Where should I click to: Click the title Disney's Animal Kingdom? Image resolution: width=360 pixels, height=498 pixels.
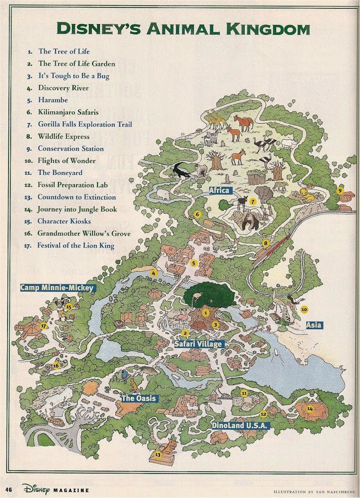tap(183, 29)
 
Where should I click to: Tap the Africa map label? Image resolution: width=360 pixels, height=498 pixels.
tap(219, 190)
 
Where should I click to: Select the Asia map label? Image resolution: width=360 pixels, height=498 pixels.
tap(314, 325)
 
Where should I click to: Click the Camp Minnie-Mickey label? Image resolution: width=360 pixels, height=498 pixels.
tap(57, 288)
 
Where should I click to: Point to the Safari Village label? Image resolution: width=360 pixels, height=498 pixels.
tap(199, 344)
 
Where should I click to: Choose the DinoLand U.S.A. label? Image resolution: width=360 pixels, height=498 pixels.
tap(241, 425)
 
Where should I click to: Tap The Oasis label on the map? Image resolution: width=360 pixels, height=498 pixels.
tap(138, 398)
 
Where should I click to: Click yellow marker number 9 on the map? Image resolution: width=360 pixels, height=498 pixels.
tap(339, 191)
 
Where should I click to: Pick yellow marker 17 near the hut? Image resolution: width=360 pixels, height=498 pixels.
tap(44, 326)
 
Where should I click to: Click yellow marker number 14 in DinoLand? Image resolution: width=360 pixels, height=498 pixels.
tap(310, 409)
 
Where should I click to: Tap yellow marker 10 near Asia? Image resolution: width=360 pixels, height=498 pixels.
tap(304, 309)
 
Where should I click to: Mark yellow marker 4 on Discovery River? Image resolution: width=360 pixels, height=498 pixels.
tap(154, 274)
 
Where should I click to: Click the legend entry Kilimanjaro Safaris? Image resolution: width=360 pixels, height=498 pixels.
tap(68, 112)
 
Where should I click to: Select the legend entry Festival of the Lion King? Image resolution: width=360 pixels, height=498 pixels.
tap(76, 246)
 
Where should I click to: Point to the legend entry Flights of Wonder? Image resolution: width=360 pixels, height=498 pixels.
tap(67, 161)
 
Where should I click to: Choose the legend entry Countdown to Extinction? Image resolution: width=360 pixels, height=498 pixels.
tap(77, 197)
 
